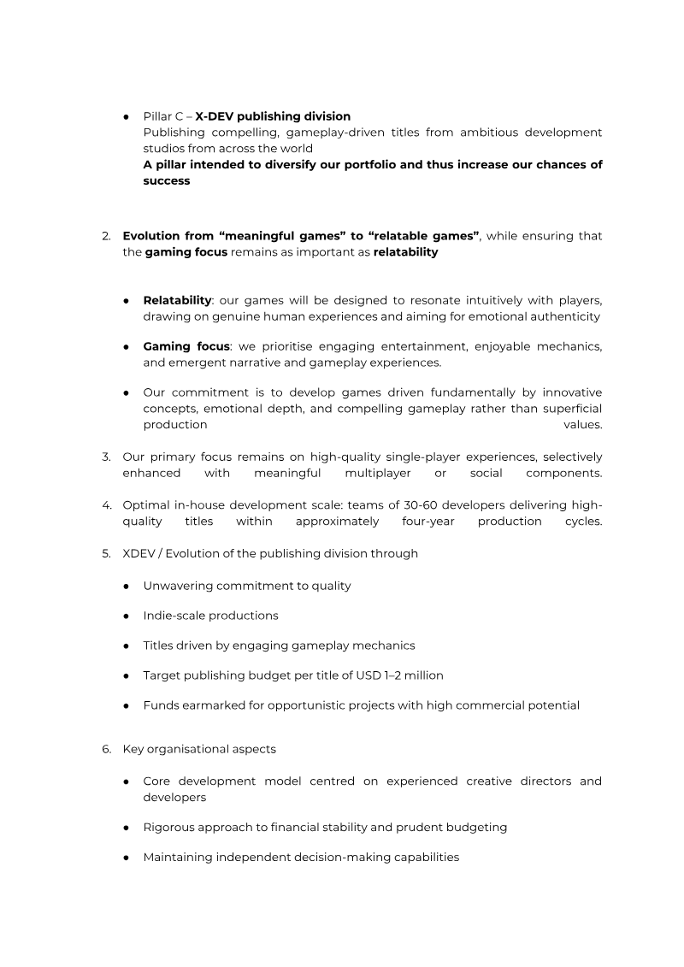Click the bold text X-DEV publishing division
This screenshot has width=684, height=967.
click(x=273, y=115)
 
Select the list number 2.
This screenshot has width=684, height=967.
click(x=106, y=236)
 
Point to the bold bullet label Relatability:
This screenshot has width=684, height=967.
click(x=178, y=301)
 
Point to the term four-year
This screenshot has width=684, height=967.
click(x=428, y=521)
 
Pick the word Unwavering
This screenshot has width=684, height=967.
click(x=176, y=586)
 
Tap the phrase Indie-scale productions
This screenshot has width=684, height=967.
click(x=210, y=616)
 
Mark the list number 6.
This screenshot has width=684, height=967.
click(x=106, y=749)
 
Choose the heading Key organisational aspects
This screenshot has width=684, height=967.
click(x=199, y=749)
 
